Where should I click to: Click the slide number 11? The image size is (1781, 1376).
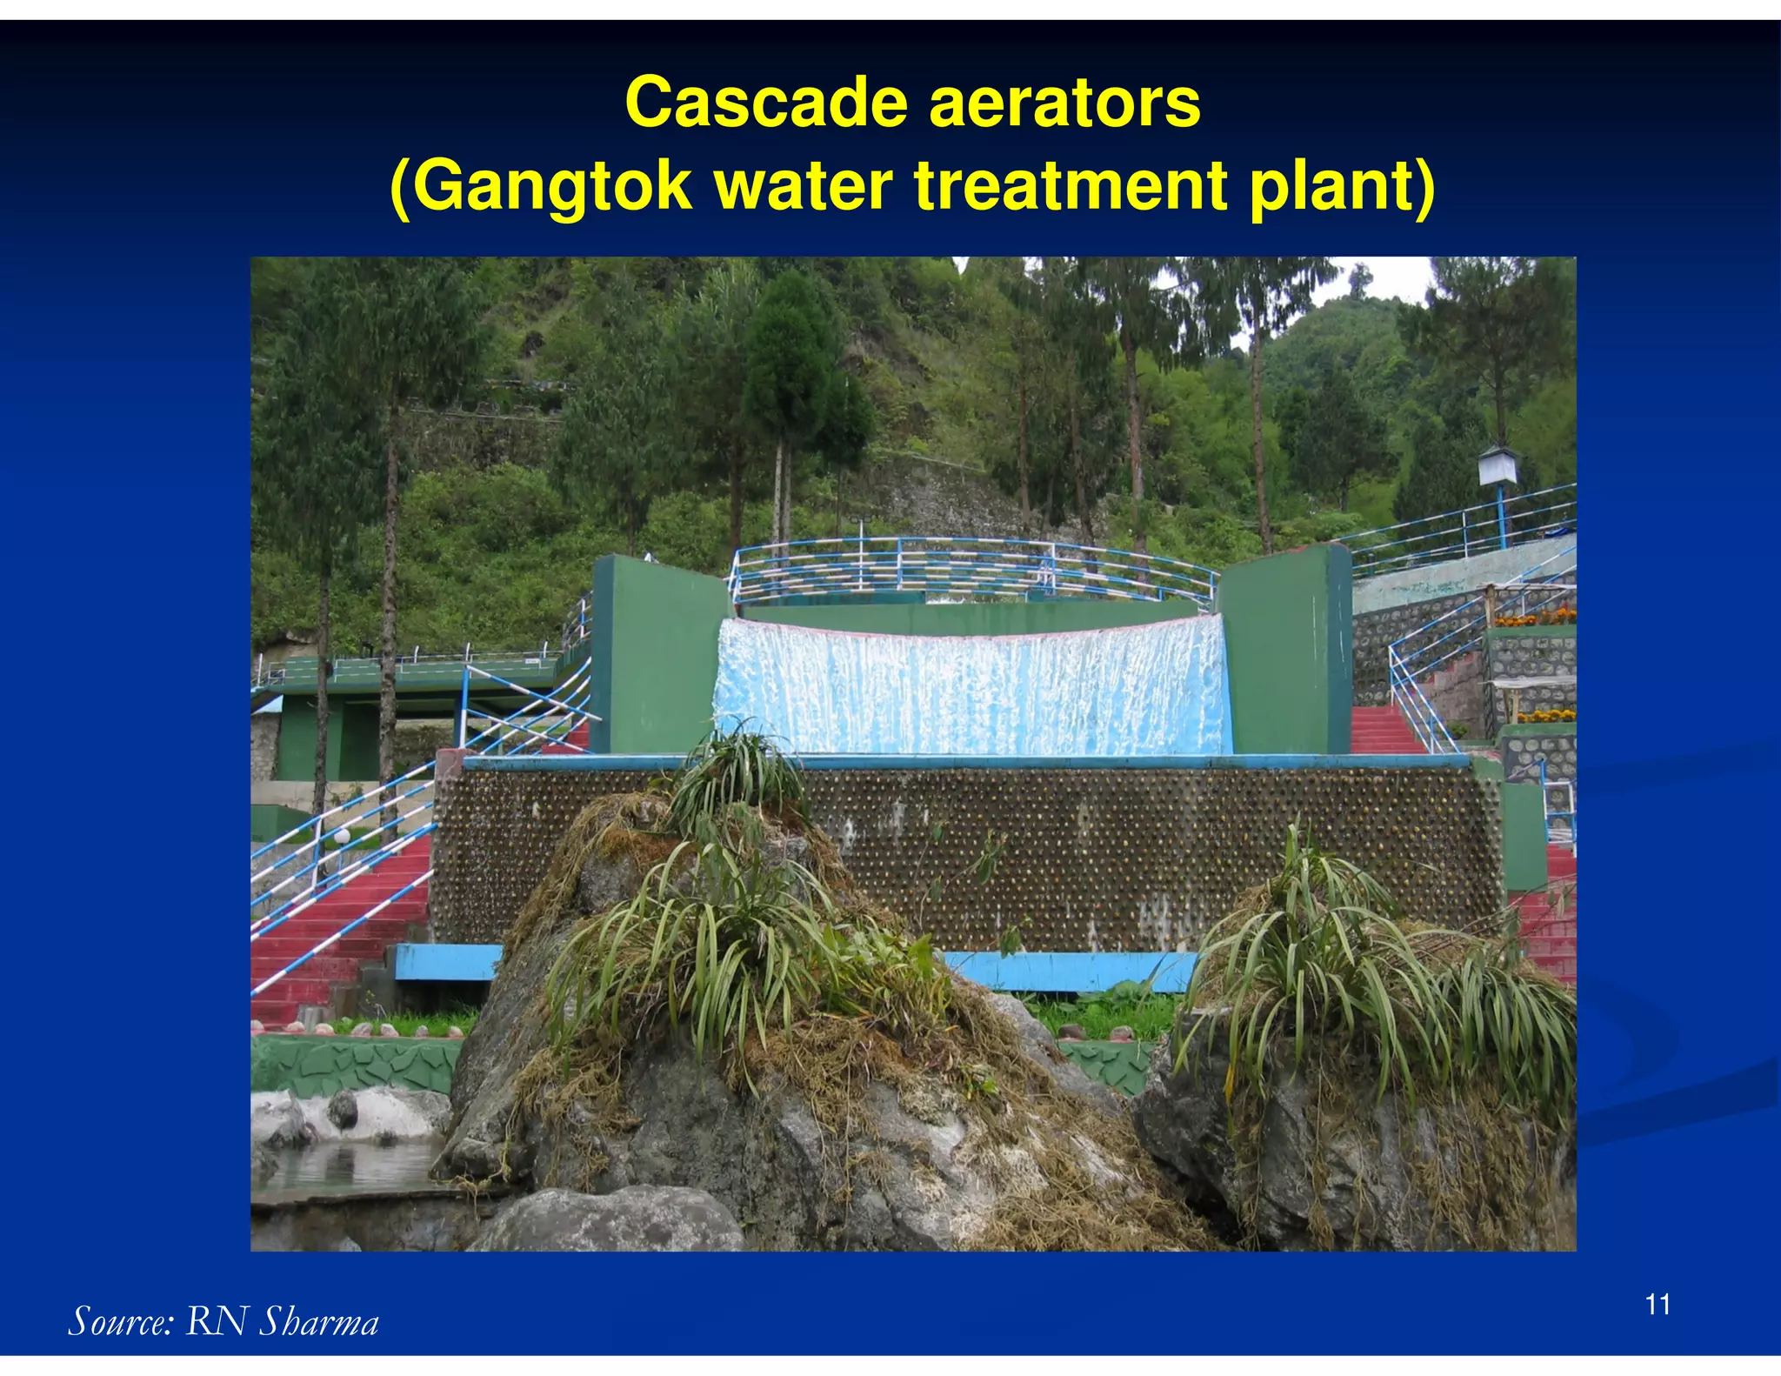1658,1305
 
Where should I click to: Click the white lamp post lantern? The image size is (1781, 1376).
1498,465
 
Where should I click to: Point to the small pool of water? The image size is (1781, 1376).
348,1166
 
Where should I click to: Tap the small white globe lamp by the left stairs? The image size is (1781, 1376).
343,836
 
